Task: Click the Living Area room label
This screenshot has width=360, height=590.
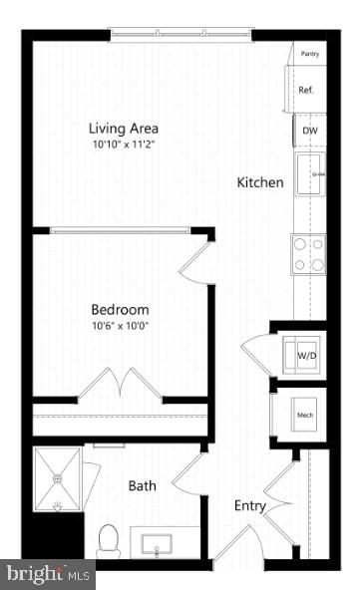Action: tap(124, 129)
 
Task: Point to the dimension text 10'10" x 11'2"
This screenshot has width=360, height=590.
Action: tap(124, 145)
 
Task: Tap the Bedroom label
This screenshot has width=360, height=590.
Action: tap(121, 309)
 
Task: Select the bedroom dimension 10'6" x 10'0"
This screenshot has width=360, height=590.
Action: tap(121, 325)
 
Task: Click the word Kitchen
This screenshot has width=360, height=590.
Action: tap(260, 183)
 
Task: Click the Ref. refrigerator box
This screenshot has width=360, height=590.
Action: tap(305, 90)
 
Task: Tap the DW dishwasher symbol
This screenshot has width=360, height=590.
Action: tap(308, 130)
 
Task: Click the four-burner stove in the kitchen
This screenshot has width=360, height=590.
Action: tap(308, 253)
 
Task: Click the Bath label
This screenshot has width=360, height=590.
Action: tap(142, 486)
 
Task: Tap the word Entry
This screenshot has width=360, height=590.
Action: tap(249, 506)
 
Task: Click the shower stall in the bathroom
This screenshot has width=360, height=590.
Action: tap(59, 477)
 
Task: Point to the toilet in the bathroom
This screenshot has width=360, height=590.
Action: tap(109, 542)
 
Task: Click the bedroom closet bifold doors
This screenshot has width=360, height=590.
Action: tap(121, 384)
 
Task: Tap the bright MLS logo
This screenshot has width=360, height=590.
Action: tap(48, 574)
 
